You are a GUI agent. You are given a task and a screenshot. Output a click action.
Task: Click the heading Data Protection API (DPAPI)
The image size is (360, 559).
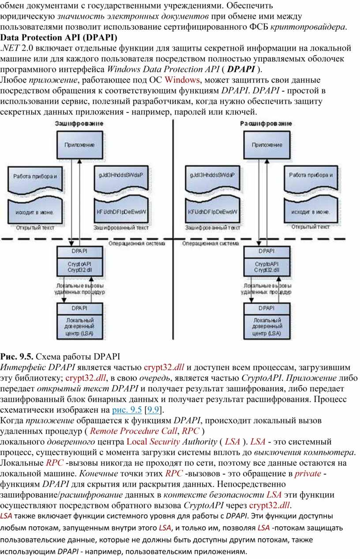(x=59, y=38)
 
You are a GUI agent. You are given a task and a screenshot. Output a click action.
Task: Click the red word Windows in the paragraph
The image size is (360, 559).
(x=182, y=80)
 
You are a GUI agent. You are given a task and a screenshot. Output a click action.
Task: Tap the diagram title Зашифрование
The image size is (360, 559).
(x=79, y=124)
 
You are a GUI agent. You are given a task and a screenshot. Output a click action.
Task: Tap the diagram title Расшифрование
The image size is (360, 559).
(x=266, y=124)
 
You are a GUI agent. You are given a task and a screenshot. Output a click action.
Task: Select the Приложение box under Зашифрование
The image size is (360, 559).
(x=80, y=145)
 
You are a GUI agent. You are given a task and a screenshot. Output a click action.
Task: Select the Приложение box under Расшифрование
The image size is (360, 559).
(x=267, y=145)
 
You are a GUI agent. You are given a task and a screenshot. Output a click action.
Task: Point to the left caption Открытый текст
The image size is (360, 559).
(x=35, y=228)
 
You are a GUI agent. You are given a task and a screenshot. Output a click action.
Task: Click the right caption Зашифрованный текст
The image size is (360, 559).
(x=213, y=228)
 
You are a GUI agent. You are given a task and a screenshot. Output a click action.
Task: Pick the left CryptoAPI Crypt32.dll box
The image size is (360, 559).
(x=80, y=267)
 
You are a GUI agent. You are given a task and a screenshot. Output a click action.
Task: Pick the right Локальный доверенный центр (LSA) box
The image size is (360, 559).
(x=267, y=326)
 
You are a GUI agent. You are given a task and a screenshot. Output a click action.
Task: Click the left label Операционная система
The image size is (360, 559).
(x=137, y=243)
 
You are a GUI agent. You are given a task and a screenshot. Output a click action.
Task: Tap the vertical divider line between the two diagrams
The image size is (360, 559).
(x=173, y=229)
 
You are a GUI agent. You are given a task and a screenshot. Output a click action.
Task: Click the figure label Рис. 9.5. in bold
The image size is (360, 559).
(x=16, y=356)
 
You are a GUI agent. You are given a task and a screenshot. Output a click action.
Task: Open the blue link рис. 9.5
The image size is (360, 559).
(x=127, y=410)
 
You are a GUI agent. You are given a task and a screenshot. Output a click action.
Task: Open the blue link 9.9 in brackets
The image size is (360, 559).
(x=153, y=410)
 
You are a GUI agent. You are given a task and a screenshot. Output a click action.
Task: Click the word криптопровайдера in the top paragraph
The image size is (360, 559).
(x=308, y=27)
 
